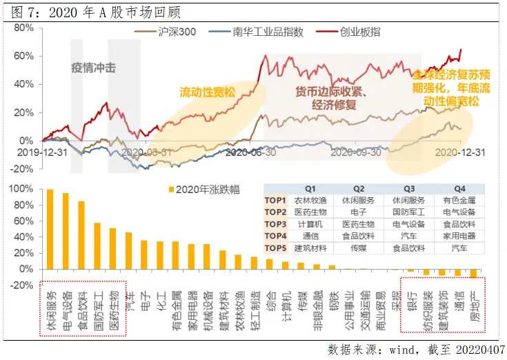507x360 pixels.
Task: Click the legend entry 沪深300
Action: tap(178, 32)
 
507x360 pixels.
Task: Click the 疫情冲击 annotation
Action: tap(93, 68)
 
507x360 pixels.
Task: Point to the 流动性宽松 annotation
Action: tap(208, 92)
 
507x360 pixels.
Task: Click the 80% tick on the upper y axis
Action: tap(23, 28)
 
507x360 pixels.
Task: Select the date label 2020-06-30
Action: tap(251, 152)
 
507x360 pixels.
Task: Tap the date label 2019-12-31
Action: tap(39, 152)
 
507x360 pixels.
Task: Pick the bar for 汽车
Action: tap(128, 250)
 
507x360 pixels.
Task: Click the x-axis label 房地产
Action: tap(474, 297)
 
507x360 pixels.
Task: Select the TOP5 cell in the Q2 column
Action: tap(359, 246)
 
